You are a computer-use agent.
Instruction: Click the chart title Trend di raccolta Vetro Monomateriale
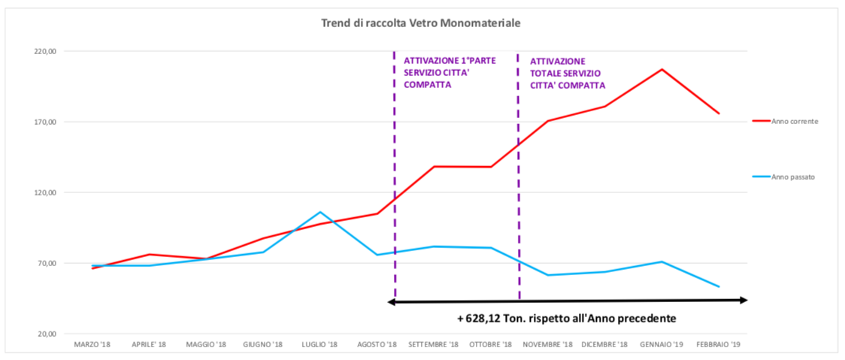[421, 23]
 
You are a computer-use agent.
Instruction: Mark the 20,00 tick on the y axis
[47, 334]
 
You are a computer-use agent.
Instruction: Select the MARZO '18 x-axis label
[92, 345]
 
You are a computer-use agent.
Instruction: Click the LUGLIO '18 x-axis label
[320, 345]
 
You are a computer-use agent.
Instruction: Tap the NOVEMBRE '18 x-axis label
[547, 345]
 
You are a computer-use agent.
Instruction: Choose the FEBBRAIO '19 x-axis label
[718, 345]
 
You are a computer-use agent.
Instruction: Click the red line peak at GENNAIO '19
[662, 69]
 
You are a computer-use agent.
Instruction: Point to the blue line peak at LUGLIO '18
[320, 212]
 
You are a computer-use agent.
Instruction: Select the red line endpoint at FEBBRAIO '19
[719, 113]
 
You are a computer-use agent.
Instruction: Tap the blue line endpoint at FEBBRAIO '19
[719, 286]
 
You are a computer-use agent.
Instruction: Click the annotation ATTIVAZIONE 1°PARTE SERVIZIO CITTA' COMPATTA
[450, 73]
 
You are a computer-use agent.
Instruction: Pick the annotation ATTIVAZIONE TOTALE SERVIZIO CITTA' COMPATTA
[567, 73]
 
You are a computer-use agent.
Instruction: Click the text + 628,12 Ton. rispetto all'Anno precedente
[566, 318]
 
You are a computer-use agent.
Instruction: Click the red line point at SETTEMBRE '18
[434, 166]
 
